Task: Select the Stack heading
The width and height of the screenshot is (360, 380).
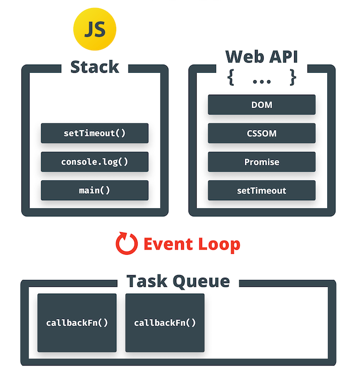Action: [94, 67]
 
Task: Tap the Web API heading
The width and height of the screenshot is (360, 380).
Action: [261, 57]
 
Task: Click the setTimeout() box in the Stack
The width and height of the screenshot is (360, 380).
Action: [94, 133]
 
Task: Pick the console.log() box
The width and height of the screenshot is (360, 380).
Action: [94, 162]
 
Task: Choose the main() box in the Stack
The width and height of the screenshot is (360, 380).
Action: [94, 190]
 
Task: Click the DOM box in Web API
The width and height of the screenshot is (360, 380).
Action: [261, 105]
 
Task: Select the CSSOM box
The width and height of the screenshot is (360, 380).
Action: [261, 133]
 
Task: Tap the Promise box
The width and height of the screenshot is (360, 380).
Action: [261, 162]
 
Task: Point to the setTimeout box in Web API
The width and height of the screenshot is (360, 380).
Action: [261, 190]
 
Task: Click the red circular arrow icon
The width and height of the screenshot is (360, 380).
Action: [126, 244]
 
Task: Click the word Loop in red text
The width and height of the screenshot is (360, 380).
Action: [217, 244]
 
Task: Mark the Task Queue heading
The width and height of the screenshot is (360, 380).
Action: [178, 282]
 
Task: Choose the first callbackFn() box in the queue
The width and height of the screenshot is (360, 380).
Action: [77, 323]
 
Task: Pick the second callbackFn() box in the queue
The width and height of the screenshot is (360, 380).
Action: [164, 323]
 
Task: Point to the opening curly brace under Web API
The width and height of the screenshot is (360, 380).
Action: [231, 78]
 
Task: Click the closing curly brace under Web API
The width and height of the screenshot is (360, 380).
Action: [292, 78]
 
